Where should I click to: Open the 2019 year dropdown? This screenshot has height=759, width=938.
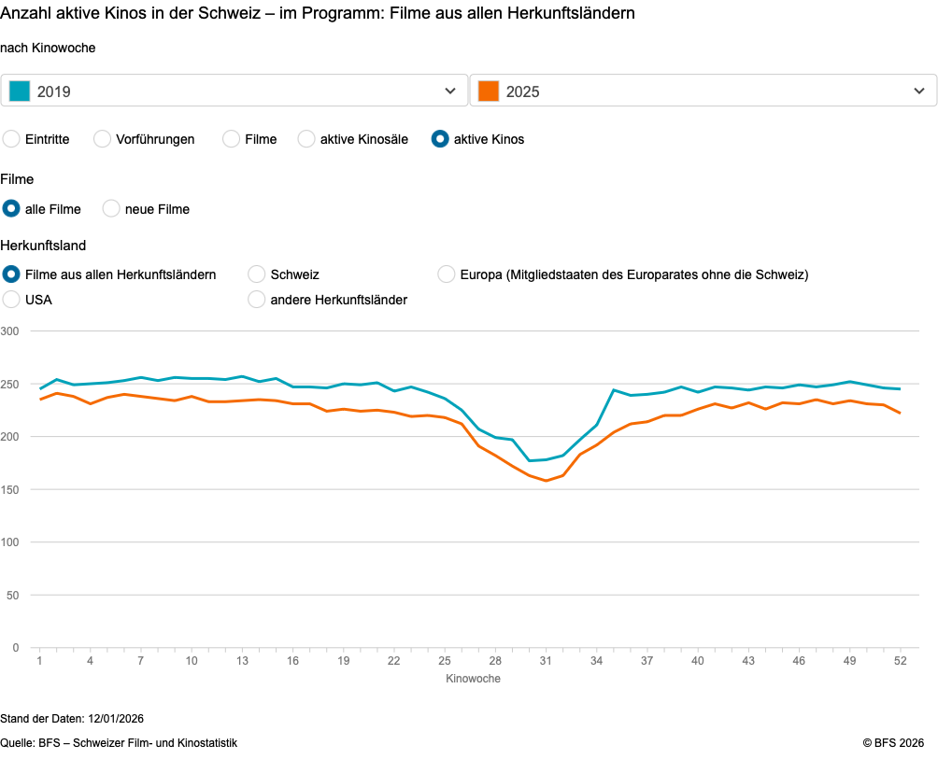coord(234,91)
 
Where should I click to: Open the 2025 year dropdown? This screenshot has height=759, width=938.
coord(703,91)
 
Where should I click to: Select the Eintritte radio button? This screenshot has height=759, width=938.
coord(12,139)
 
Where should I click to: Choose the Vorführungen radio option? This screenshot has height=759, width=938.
coord(103,139)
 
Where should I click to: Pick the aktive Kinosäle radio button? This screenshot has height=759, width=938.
coord(306,139)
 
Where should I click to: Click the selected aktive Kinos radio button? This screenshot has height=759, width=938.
coord(440,139)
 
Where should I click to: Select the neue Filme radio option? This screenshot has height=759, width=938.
coord(111,209)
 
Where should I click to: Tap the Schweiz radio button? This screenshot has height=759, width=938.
coord(257,274)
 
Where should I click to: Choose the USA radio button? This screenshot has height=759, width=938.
coord(12,300)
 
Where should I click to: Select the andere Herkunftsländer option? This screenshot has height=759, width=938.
coord(257,300)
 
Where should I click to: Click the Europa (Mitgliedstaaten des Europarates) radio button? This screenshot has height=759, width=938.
coord(447,274)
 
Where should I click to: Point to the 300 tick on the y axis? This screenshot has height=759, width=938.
coord(10,331)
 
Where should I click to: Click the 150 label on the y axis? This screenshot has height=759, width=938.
coord(10,489)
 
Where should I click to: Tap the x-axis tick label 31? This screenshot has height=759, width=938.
coord(546,661)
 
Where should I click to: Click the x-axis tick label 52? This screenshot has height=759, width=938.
coord(900,661)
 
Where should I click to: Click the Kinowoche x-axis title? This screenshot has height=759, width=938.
coord(473,679)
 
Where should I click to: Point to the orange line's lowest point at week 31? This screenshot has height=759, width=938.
coord(546,481)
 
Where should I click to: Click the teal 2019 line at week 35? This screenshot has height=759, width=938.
coord(613,390)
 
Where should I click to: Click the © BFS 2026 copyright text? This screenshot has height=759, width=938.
coord(893,743)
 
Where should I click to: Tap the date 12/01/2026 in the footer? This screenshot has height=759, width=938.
coord(116,719)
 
